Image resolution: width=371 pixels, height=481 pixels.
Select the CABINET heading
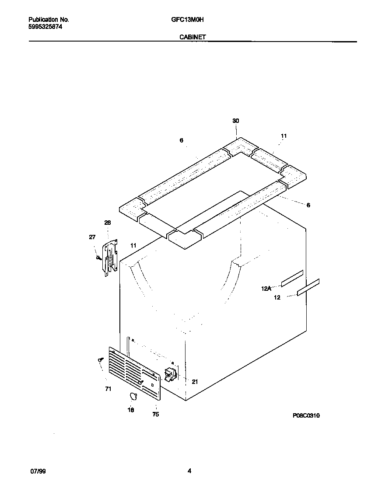[192, 38]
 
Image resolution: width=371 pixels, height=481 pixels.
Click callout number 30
[236, 121]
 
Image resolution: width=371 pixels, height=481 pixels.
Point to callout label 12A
[266, 289]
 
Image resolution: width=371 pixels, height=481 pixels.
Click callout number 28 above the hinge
[107, 223]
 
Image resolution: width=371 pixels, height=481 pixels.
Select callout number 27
[92, 237]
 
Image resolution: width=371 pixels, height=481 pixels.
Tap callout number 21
[195, 382]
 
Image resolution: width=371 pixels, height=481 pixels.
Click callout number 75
[155, 415]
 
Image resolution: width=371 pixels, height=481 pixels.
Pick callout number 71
[108, 389]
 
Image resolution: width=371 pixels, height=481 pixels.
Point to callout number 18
[131, 410]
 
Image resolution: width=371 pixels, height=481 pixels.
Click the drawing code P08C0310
[306, 416]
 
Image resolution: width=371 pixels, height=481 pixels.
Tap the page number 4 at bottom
[189, 471]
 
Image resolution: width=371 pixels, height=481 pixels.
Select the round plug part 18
[133, 396]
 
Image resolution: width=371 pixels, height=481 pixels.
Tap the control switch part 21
[169, 375]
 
